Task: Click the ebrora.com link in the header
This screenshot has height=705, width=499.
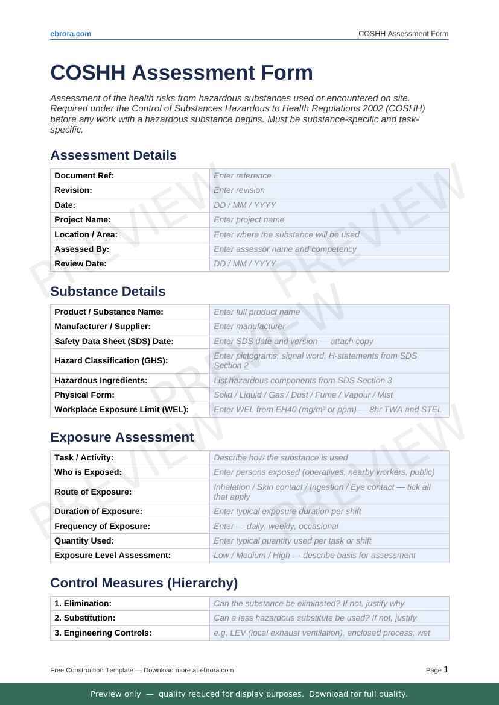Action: [x=71, y=34]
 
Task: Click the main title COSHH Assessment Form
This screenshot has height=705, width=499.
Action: [x=182, y=72]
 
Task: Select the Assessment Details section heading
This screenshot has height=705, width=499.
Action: [x=113, y=155]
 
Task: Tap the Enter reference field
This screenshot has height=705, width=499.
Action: [x=329, y=175]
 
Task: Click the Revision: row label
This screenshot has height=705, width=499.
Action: [x=73, y=190]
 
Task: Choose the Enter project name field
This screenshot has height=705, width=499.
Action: [x=329, y=220]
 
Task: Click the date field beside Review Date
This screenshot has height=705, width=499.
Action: [x=329, y=264]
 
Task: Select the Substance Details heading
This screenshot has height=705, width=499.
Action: [x=107, y=292]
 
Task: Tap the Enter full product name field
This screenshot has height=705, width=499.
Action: [x=329, y=312]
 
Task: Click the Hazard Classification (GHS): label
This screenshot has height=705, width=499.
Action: [x=111, y=360]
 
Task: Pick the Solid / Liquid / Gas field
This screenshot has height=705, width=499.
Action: [x=329, y=395]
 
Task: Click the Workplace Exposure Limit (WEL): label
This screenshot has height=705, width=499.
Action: [x=121, y=410]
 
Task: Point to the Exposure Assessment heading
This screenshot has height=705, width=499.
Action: [x=122, y=437]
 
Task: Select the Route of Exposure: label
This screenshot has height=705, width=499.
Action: [x=93, y=492]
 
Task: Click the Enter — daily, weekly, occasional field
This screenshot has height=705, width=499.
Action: [x=329, y=526]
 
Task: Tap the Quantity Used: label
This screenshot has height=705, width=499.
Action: [x=84, y=540]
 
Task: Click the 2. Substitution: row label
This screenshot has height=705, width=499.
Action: [x=84, y=618]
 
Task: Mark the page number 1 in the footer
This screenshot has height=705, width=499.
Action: [x=446, y=669]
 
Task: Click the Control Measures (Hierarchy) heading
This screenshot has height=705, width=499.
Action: [x=144, y=583]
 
